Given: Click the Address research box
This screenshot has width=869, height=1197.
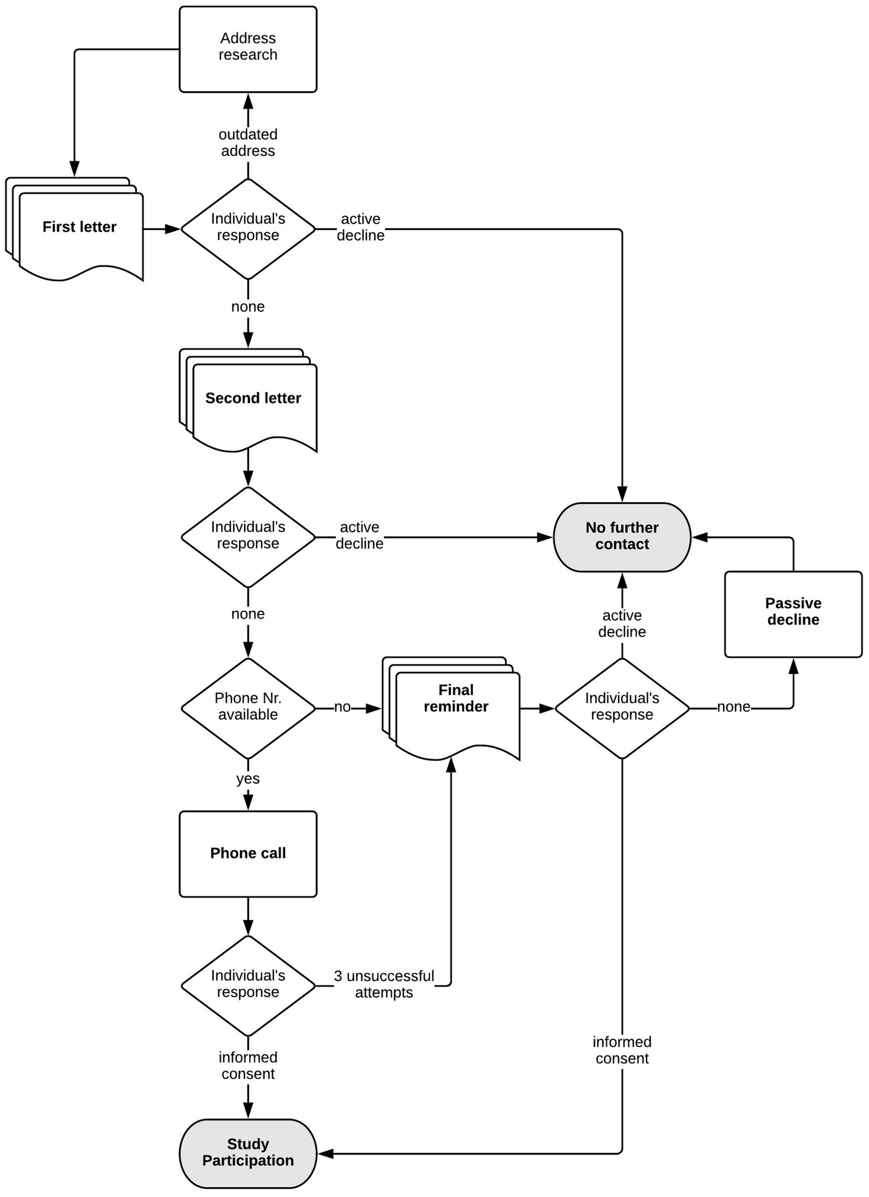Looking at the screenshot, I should pyautogui.click(x=248, y=49).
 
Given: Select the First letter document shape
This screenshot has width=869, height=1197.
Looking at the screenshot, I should pyautogui.click(x=79, y=232).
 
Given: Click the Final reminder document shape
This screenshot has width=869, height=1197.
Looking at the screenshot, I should pyautogui.click(x=456, y=708).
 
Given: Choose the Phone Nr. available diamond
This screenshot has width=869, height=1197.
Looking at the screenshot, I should pyautogui.click(x=248, y=707).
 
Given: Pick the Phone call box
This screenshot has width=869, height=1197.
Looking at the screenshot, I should pyautogui.click(x=248, y=853).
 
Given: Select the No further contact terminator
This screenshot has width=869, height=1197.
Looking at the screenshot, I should pyautogui.click(x=622, y=536).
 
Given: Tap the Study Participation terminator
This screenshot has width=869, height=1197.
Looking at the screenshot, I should pyautogui.click(x=248, y=1153).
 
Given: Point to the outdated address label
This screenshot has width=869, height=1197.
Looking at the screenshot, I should pyautogui.click(x=248, y=143).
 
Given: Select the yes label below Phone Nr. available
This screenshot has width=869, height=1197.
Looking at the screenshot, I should pyautogui.click(x=248, y=779).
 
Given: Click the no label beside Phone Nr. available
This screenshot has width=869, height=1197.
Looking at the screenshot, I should pyautogui.click(x=342, y=707).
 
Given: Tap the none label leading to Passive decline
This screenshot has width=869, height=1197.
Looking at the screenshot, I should pyautogui.click(x=733, y=707).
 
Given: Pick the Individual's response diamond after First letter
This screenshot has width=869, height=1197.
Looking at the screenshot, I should pyautogui.click(x=248, y=228).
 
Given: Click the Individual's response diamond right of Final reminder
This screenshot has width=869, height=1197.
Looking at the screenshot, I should pyautogui.click(x=622, y=707).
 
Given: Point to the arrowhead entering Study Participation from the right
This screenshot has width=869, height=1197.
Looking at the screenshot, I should pyautogui.click(x=324, y=1153).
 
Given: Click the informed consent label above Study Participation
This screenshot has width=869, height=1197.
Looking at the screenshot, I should pyautogui.click(x=248, y=1065).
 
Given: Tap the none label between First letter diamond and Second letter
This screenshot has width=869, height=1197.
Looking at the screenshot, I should pyautogui.click(x=248, y=306).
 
